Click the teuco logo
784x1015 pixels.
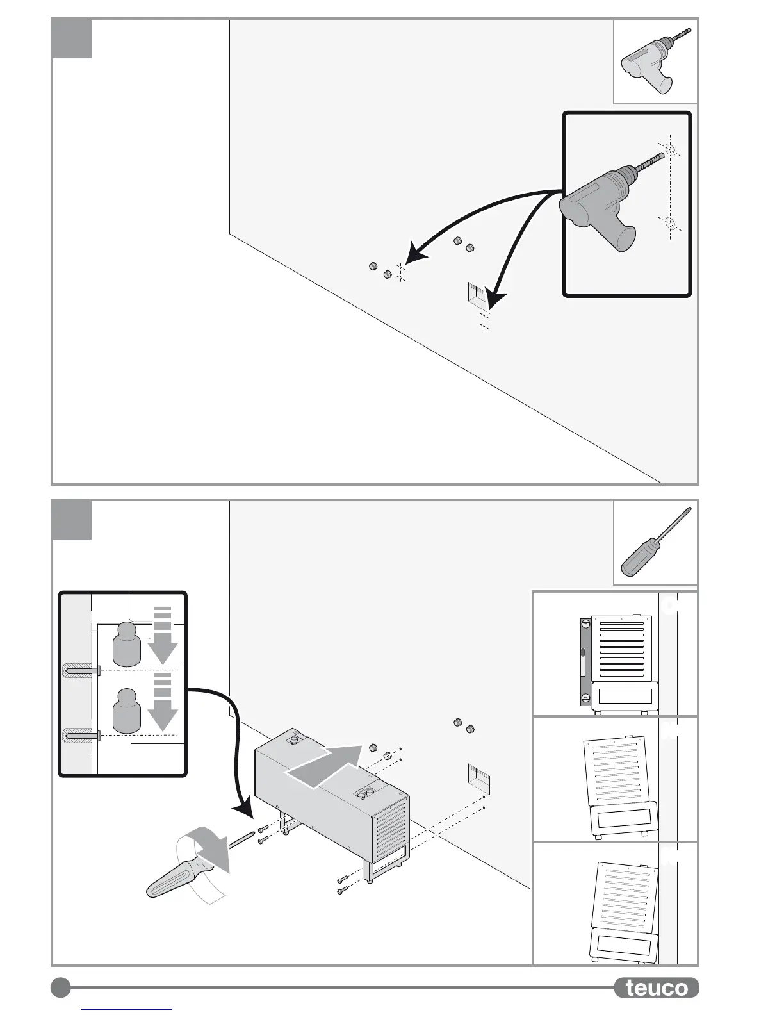click(x=656, y=987)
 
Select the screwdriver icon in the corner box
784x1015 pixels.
click(x=655, y=542)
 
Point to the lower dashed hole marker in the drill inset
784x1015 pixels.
click(x=669, y=224)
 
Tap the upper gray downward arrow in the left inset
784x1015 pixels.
click(x=163, y=636)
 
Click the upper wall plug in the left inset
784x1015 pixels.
click(x=81, y=671)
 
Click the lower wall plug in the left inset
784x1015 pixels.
click(x=81, y=737)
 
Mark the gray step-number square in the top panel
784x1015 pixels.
click(x=72, y=39)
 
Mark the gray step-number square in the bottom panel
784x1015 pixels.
click(x=72, y=520)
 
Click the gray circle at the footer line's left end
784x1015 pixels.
click(x=61, y=987)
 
